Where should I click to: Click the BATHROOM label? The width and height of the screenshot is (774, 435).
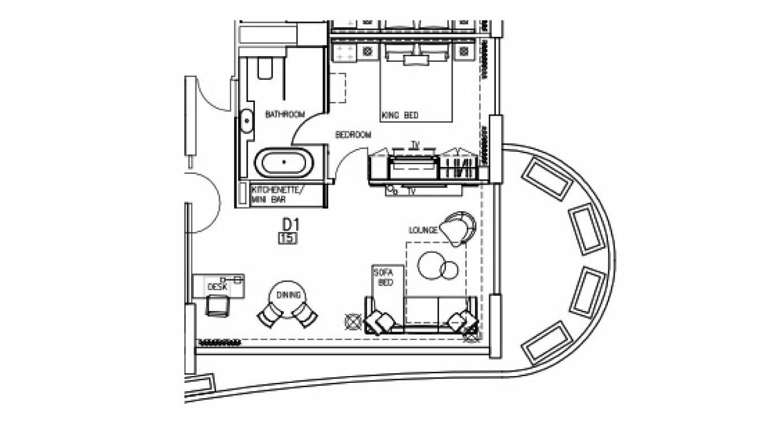click(285, 114)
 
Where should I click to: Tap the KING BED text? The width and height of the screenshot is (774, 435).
click(400, 115)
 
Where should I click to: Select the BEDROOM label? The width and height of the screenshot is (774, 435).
click(354, 135)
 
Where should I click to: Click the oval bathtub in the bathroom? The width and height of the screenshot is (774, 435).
click(284, 163)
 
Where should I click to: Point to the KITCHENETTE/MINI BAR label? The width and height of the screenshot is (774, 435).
click(277, 194)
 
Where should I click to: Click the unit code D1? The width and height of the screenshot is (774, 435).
click(291, 225)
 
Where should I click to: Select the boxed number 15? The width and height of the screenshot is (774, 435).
click(288, 238)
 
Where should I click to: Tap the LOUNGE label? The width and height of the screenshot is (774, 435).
click(423, 230)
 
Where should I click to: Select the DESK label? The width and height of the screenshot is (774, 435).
click(218, 287)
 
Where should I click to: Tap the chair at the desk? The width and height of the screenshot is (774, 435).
click(218, 306)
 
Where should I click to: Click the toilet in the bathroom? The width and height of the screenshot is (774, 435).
click(265, 68)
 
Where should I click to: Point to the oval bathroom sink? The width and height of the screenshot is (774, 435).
click(246, 121)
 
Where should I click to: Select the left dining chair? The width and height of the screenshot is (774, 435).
click(270, 314)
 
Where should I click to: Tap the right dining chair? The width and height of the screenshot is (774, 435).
click(305, 314)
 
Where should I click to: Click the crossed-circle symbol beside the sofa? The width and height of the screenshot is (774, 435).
click(354, 322)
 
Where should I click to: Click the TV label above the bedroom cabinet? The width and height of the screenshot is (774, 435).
click(415, 145)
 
